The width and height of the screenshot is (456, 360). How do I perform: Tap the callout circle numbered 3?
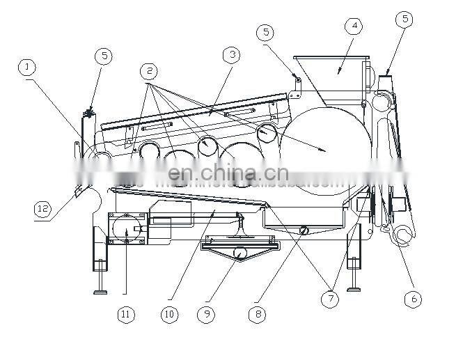click(231, 54)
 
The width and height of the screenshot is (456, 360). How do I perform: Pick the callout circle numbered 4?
click(354, 26)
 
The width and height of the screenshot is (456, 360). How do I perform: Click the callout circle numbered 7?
click(329, 299)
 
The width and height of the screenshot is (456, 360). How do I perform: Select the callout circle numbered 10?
click(169, 315)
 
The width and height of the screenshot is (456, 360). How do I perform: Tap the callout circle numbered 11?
click(125, 315)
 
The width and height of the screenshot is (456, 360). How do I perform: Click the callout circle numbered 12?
click(42, 208)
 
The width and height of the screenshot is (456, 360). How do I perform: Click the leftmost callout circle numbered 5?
click(104, 56)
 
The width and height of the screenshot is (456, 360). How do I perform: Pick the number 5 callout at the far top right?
click(404, 19)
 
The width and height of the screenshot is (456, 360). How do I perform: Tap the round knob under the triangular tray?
click(239, 253)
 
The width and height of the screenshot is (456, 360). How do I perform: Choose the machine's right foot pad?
click(354, 287)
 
